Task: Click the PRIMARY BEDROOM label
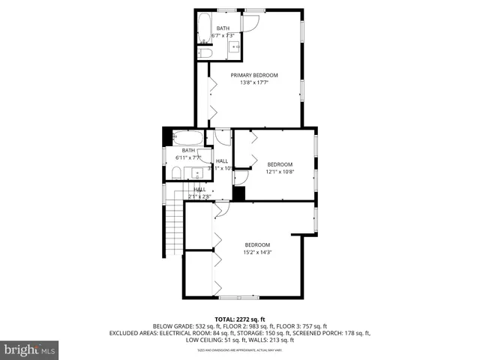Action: pyautogui.click(x=254, y=75)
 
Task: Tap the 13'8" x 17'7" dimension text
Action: pyautogui.click(x=254, y=82)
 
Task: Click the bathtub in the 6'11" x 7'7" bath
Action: pyautogui.click(x=186, y=139)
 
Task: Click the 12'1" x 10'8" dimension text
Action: pyautogui.click(x=280, y=172)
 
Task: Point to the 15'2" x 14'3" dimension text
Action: pyautogui.click(x=257, y=252)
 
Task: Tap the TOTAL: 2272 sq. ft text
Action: pyautogui.click(x=240, y=319)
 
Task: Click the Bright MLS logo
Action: pyautogui.click(x=29, y=349)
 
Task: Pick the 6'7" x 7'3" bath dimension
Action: pyautogui.click(x=223, y=35)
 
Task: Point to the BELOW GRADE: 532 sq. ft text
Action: pyautogui.click(x=182, y=326)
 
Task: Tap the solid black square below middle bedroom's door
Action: pyautogui.click(x=239, y=193)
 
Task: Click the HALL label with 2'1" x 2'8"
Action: pyautogui.click(x=200, y=189)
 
